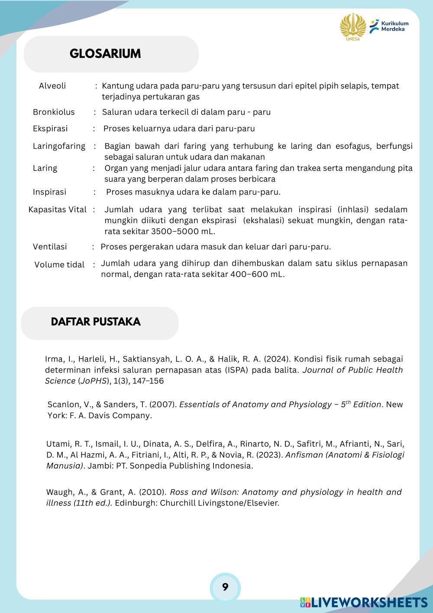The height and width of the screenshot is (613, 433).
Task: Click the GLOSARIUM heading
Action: pos(105,54)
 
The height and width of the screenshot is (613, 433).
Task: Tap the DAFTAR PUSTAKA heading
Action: pos(95,322)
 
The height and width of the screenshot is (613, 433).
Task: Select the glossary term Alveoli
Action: pos(52,86)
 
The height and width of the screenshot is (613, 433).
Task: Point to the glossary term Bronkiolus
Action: pos(54,112)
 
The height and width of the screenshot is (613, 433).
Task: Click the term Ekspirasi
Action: pos(50,129)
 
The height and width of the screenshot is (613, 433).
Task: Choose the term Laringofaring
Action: pos(59,146)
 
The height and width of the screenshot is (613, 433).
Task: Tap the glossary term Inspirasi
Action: pos(49,192)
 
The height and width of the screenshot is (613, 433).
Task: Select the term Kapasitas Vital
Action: pos(57,210)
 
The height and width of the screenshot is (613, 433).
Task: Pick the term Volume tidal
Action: pos(59,265)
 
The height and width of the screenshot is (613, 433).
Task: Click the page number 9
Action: pos(225,587)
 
